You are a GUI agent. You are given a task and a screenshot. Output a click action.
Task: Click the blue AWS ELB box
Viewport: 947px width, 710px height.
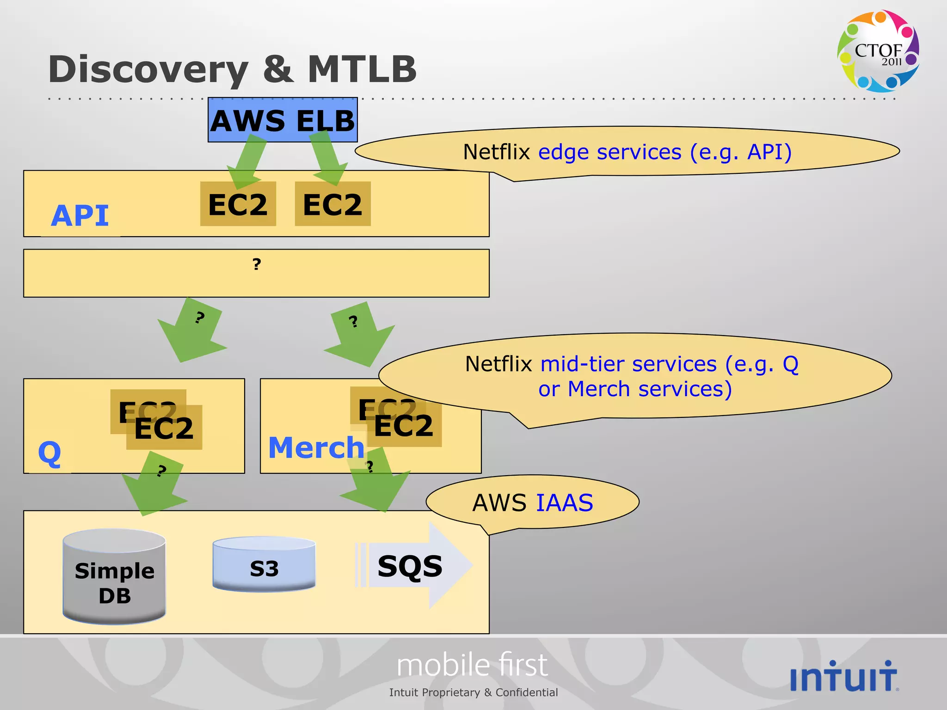tap(283, 120)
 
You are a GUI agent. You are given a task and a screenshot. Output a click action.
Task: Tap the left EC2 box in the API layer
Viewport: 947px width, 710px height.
tap(238, 204)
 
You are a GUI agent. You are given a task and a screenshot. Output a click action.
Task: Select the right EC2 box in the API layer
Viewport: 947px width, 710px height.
tap(332, 204)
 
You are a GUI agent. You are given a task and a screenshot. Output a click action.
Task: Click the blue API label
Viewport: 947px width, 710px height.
tap(80, 215)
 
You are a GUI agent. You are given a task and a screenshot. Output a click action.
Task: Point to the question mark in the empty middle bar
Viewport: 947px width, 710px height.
tap(257, 264)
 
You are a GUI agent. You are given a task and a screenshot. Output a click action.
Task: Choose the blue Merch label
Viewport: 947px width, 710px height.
tap(316, 447)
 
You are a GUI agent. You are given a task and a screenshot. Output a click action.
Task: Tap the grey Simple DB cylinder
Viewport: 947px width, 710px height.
tap(114, 578)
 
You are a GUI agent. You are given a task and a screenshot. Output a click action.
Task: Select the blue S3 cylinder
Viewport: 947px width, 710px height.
tap(264, 565)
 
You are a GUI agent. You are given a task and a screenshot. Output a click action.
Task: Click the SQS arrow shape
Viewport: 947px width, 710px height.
tap(412, 566)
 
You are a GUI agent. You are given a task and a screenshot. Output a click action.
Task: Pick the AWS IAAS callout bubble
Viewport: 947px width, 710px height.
tap(532, 502)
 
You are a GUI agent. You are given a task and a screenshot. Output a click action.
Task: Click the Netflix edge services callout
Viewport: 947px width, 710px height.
tap(627, 152)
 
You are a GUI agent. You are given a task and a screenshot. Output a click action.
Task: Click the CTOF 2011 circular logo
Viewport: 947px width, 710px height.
tap(878, 51)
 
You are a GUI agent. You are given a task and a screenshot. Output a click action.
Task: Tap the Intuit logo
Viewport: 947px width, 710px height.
tap(844, 677)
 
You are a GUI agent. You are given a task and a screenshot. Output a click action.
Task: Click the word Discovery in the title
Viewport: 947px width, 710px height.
tap(148, 69)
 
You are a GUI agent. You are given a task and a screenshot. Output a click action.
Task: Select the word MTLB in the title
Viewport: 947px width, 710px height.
tap(362, 69)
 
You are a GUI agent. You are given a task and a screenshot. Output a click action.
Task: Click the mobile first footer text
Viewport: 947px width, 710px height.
tap(472, 665)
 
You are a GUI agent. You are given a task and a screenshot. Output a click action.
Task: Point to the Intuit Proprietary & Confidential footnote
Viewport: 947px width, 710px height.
tap(473, 692)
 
